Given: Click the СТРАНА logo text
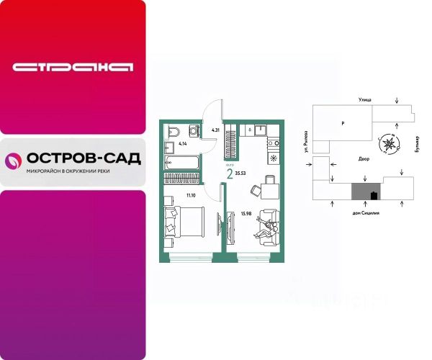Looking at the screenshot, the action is [73, 67].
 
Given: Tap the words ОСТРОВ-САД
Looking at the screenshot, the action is [82, 158].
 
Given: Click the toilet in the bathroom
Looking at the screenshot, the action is [174, 132].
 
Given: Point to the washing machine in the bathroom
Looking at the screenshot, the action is [193, 130].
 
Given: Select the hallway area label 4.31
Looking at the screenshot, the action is [215, 130].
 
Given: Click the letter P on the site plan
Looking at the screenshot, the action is [343, 124].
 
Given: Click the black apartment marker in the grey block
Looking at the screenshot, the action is [373, 195].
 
